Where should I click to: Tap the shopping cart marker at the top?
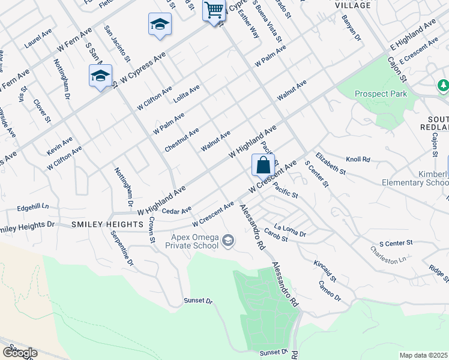coord(214,10)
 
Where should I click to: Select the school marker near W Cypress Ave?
coord(100,77)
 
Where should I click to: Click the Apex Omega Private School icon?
coord(228,241)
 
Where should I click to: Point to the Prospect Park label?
coord(381,94)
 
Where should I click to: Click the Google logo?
coord(20,352)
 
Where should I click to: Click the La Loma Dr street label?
coord(290,230)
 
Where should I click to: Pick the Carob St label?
coord(276,239)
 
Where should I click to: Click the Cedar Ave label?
coord(176,211)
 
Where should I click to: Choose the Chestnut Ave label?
coord(181,140)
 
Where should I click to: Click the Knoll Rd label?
coord(358,160)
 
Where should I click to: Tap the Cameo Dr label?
coord(330,290)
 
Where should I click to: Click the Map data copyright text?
coord(424,355)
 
